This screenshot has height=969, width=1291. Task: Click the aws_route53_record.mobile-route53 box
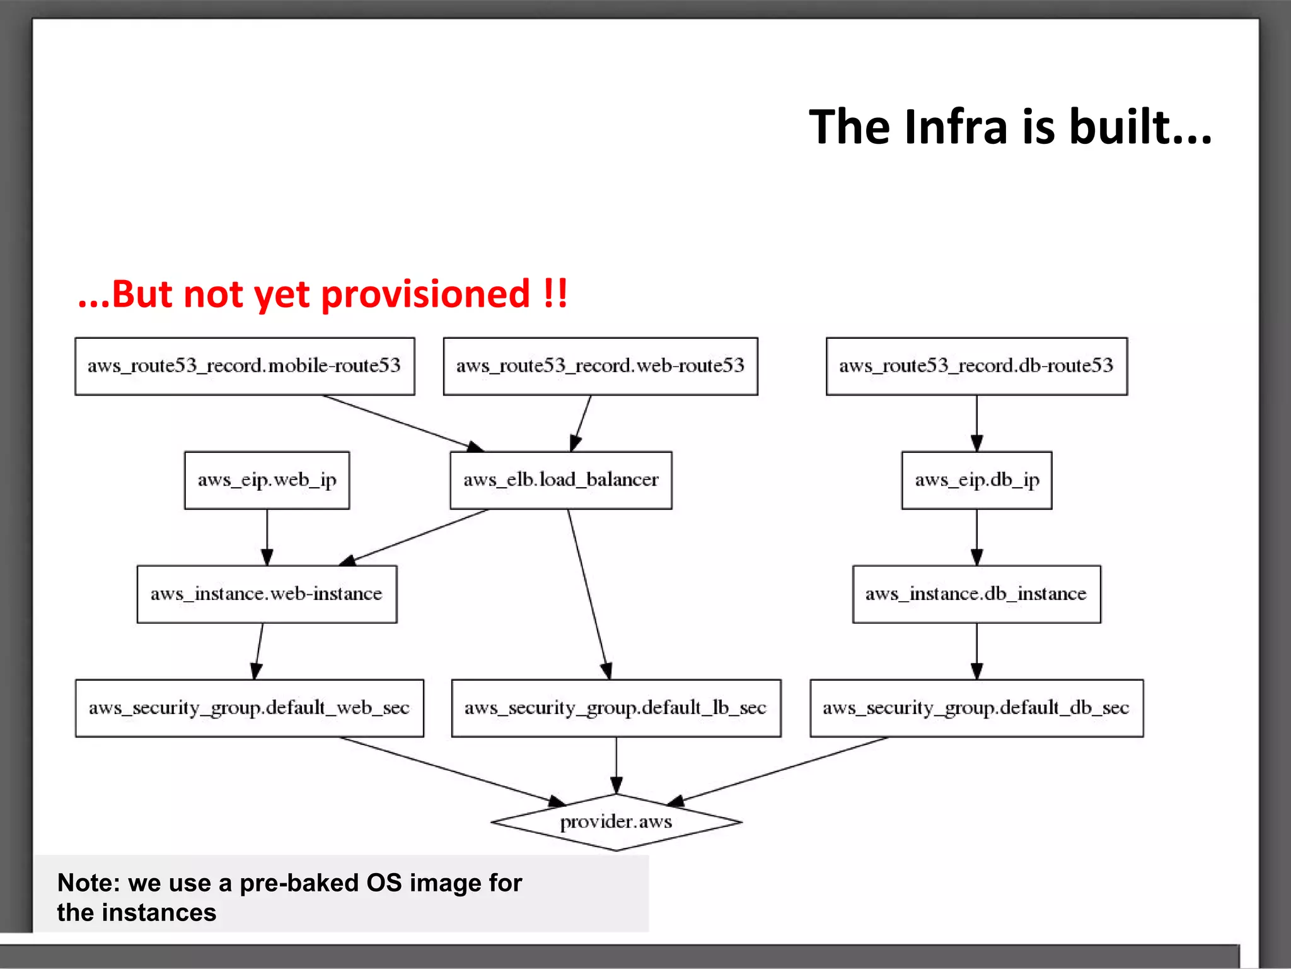click(245, 367)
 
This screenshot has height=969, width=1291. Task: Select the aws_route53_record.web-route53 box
click(600, 367)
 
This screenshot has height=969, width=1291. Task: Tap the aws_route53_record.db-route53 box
click(976, 367)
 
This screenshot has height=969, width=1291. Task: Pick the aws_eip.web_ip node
click(267, 481)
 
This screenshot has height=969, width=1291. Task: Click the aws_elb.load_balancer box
click(560, 481)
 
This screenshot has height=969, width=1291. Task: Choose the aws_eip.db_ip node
click(976, 481)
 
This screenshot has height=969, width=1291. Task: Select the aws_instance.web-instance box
click(267, 594)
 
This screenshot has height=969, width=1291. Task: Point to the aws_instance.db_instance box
click(976, 594)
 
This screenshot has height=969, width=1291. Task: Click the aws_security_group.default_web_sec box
click(249, 708)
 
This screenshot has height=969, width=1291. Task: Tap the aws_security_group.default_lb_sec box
click(616, 708)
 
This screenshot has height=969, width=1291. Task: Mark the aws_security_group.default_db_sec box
click(976, 708)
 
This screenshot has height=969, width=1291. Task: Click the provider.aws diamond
click(616, 822)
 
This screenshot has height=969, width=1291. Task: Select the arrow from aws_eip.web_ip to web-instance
click(267, 537)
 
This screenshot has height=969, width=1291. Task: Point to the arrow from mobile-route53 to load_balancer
click(403, 423)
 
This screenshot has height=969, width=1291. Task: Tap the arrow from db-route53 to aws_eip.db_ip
click(976, 423)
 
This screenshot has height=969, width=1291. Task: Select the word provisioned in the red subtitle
click(426, 294)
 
